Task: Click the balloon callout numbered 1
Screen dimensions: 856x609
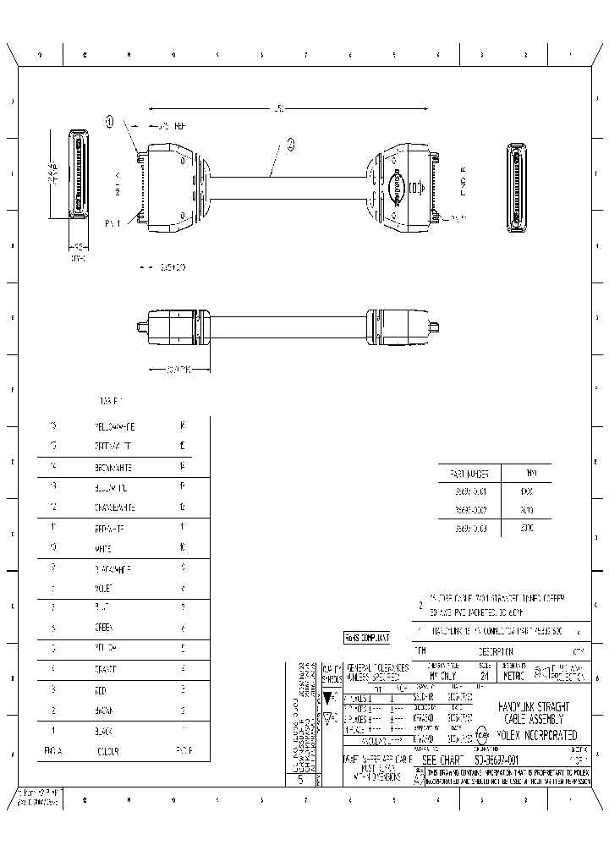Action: (109, 121)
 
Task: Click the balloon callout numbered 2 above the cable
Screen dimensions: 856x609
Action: (290, 144)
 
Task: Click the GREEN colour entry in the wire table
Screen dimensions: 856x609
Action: (104, 628)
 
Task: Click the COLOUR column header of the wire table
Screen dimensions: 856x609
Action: (106, 749)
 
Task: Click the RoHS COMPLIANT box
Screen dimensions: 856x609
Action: (367, 637)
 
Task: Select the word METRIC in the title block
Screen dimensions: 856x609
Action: (512, 676)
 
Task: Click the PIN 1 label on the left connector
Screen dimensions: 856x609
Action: (112, 223)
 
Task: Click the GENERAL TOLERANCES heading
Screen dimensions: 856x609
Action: (377, 667)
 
